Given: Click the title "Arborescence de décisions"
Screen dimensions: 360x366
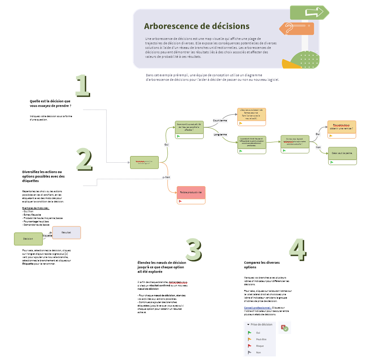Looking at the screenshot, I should pos(196,26).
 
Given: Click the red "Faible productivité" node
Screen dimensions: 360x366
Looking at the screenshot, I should pos(191,192).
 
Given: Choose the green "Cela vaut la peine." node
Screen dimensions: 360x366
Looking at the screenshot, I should pos(342,153).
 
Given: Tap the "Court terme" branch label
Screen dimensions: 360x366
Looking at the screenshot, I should pos(220,121).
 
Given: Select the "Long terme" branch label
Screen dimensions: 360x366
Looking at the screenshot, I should pos(220,134).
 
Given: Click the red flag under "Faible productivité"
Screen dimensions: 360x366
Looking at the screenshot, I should pos(180,201).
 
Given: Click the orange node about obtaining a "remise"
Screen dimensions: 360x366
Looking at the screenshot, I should pos(342,127).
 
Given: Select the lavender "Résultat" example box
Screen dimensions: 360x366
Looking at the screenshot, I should pos(66,233).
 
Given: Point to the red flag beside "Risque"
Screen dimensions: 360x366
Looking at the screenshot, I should pos(249,346).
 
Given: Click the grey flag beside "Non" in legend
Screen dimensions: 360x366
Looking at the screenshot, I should pos(249,353).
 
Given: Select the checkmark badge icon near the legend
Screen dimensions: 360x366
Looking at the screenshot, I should pos(284,328).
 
